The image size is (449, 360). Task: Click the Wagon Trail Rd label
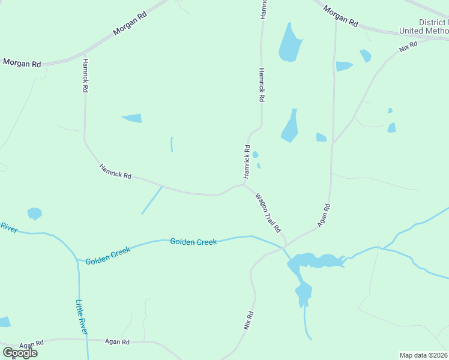click(x=268, y=213)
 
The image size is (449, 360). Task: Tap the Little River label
click(x=82, y=317)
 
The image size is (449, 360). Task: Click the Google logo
click(x=20, y=352)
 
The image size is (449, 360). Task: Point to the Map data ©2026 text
click(x=423, y=355)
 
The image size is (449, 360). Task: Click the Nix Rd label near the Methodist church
click(x=408, y=47)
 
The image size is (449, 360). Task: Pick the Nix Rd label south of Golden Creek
click(x=248, y=320)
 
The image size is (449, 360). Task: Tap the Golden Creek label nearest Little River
click(x=108, y=257)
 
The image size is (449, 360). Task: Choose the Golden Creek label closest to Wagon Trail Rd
click(x=193, y=242)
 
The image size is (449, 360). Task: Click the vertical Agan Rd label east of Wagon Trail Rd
click(x=325, y=214)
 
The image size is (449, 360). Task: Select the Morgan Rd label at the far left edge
click(x=22, y=63)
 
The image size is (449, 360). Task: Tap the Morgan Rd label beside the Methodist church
click(x=340, y=16)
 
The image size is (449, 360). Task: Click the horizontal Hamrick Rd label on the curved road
click(x=115, y=171)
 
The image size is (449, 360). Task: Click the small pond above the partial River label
click(x=35, y=213)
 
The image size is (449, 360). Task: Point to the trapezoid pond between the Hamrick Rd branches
click(x=132, y=118)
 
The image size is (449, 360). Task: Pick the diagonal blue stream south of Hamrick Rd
click(x=152, y=199)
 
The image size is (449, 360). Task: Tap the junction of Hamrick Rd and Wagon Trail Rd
click(x=244, y=185)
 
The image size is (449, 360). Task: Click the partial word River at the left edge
click(x=8, y=227)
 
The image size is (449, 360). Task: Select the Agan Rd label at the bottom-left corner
click(x=31, y=345)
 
